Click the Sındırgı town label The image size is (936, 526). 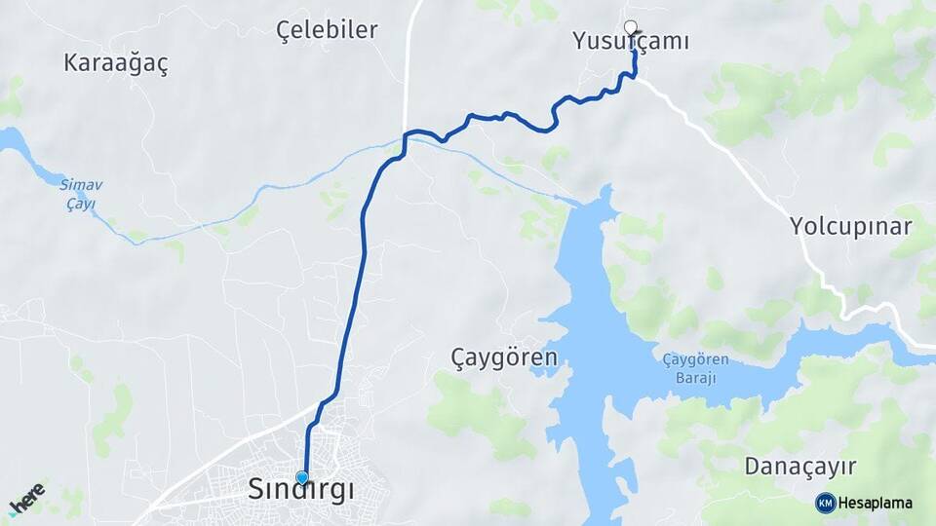pos(301,490)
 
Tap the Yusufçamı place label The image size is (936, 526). pos(631,41)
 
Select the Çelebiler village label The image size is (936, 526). pos(327,29)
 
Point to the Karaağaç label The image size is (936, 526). pos(115,63)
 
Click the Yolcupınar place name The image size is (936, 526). pos(850,227)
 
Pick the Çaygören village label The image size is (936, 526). pos(504,357)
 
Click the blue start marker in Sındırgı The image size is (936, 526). pos(302,477)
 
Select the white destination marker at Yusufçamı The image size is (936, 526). pos(630,27)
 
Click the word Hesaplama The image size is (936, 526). pos(875,503)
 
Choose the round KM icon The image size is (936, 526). pos(826,503)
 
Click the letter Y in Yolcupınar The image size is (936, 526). pos(797,227)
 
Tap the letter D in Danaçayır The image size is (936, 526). pos(753,466)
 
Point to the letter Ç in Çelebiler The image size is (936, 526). pos(284,29)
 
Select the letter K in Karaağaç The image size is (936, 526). pos(71,63)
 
